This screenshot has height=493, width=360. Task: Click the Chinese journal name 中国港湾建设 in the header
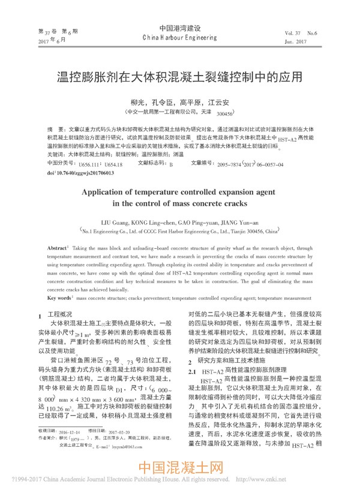179,28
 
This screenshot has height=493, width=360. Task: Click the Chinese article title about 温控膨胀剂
179,78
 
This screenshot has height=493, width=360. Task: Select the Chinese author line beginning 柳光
179,103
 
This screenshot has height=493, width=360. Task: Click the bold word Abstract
58,248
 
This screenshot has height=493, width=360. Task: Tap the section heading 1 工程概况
56,314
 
